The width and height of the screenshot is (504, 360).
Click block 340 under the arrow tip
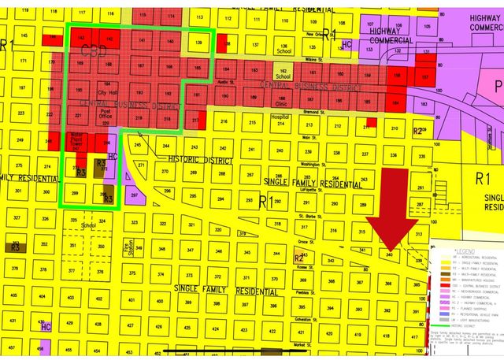[390, 254]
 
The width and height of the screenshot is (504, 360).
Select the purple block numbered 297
[133, 193]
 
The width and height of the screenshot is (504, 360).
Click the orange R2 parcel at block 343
[299, 258]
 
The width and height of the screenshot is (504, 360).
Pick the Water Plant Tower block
[80, 143]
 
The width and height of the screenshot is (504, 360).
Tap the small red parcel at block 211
[370, 123]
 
